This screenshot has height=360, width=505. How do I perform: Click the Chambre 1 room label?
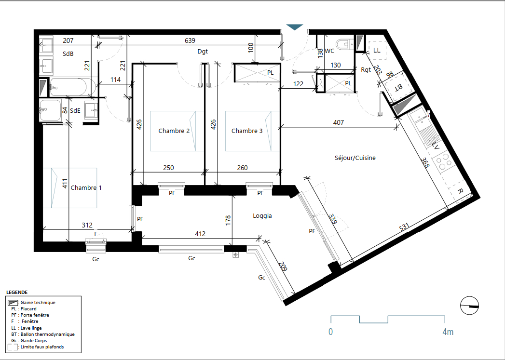86,187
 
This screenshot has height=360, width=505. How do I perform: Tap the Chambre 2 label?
174,131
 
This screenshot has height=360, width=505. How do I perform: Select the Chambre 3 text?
247,131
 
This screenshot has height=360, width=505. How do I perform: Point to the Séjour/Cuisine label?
355,158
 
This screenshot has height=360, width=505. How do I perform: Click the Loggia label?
262,216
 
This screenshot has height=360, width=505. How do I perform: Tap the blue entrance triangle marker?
295,27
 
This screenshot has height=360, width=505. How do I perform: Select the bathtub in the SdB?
72,87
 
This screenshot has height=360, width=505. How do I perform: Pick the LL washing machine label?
377,50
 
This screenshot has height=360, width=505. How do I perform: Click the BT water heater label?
398,87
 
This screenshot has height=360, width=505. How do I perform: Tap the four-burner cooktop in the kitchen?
442,161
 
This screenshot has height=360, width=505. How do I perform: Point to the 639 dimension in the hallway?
190,40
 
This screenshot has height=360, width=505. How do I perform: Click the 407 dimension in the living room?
339,122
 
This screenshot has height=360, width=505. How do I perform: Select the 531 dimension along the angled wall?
404,227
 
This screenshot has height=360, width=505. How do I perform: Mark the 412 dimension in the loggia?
200,234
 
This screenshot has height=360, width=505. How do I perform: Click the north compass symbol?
470,306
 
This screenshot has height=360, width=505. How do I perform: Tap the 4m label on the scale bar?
448,332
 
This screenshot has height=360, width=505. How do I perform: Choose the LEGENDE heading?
17,293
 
